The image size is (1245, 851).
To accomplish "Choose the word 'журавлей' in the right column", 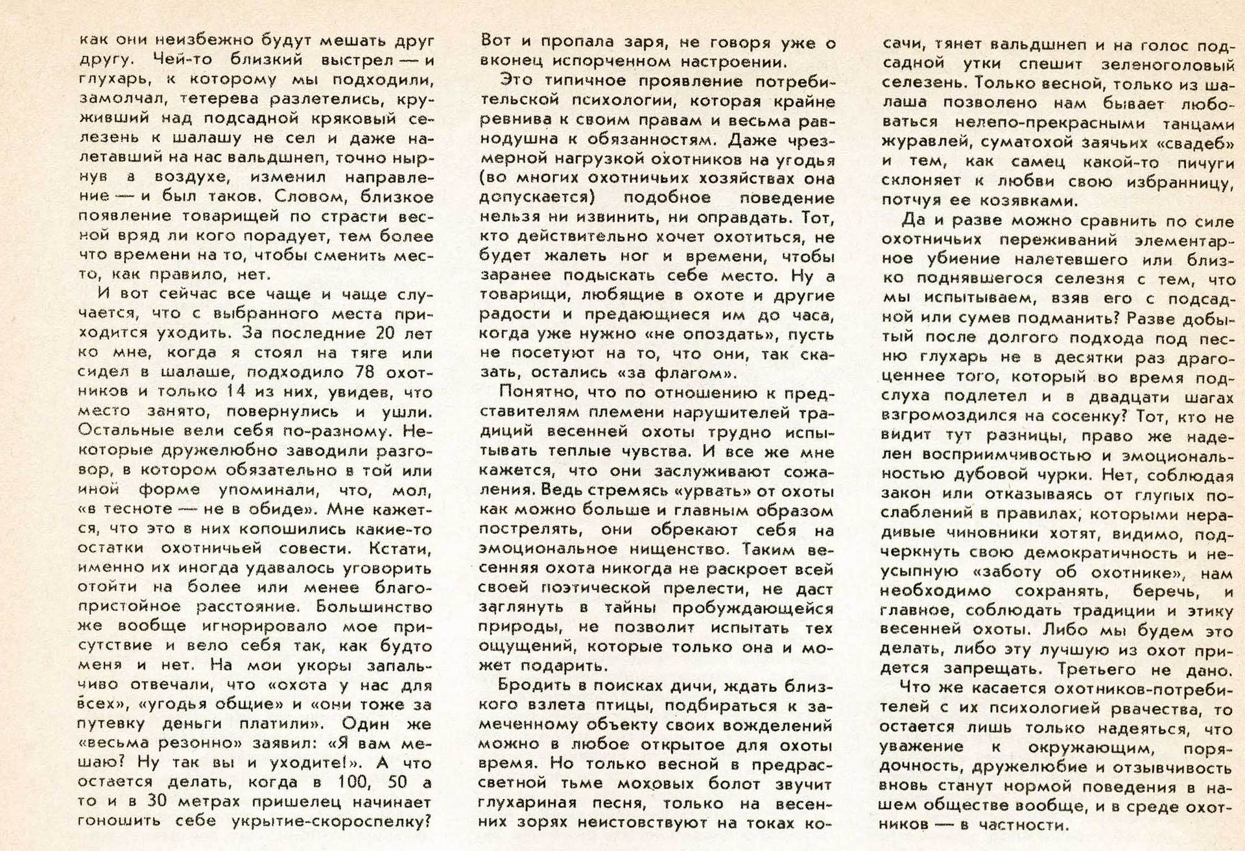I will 918,143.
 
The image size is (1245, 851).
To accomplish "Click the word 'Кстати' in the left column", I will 401,548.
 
